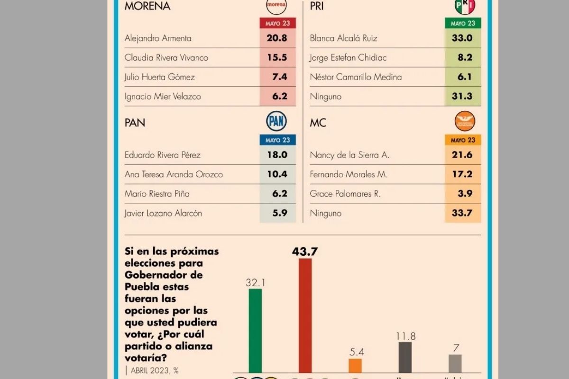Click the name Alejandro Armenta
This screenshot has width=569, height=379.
point(158,38)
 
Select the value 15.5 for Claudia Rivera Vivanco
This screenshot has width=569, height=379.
point(277,57)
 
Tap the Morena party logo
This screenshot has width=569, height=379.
point(276,6)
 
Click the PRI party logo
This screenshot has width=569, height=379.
point(464,6)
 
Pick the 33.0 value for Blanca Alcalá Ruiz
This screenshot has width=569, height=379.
point(462,38)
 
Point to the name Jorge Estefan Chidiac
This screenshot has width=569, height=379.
point(348,57)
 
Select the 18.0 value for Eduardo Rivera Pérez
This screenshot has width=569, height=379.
point(277,155)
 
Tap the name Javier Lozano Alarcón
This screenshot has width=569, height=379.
point(163,213)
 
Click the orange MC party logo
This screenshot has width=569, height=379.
point(464,121)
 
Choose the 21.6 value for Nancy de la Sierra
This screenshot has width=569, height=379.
point(462,155)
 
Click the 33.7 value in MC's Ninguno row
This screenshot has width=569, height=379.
point(462,213)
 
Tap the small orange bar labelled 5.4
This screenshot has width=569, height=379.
point(355,365)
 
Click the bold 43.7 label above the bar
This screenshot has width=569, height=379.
point(305,252)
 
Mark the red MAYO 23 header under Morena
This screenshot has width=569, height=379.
point(277,23)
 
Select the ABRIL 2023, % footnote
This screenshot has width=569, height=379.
point(153,370)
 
